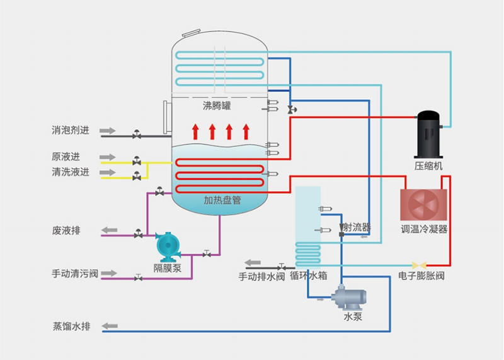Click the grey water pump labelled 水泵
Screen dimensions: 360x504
click(x=345, y=296)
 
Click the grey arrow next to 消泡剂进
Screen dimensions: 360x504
click(x=108, y=131)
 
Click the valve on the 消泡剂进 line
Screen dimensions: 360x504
click(x=137, y=134)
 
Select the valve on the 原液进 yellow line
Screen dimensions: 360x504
click(x=137, y=161)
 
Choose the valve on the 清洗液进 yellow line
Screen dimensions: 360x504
click(x=137, y=177)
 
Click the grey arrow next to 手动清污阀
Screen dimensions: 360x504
click(x=108, y=273)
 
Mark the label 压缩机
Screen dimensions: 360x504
click(x=428, y=166)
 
